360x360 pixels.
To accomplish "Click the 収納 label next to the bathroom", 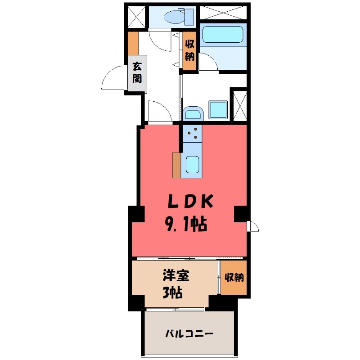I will (189, 51).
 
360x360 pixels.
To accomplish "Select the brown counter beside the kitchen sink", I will (176, 165).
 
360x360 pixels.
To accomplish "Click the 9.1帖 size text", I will (187, 223).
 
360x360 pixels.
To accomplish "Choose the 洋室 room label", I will (175, 276).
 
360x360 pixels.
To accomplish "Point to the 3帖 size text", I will (172, 293).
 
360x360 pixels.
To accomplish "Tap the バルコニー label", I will (189, 334).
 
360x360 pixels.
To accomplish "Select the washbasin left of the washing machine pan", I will (193, 113).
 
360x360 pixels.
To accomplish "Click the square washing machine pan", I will (218, 110).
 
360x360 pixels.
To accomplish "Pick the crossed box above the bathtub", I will (223, 12).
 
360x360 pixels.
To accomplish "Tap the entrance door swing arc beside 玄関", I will (112, 79).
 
